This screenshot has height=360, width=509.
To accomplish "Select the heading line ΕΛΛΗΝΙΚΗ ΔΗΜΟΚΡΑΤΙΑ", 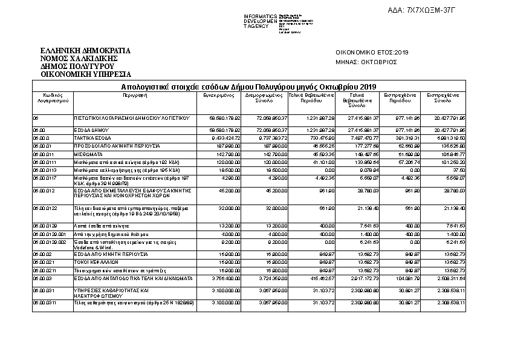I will (x=85, y=50).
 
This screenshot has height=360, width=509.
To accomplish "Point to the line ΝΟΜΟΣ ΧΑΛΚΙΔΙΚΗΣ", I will (x=77, y=58).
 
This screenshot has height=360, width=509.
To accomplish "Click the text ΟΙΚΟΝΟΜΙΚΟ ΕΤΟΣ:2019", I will (x=372, y=52).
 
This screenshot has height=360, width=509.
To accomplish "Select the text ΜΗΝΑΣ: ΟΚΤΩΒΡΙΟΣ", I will (x=366, y=61).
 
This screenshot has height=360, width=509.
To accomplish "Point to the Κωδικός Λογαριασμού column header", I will (x=51, y=97).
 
